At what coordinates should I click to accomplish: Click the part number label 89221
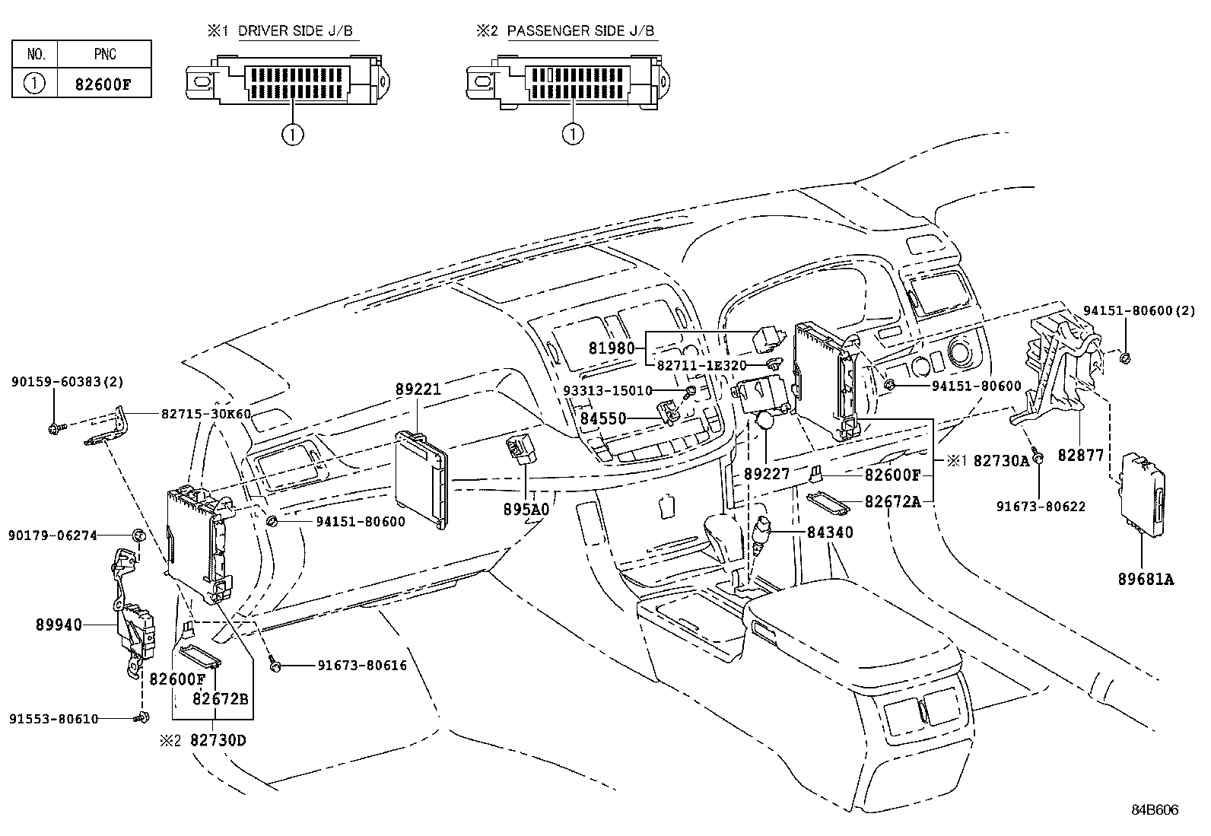418,389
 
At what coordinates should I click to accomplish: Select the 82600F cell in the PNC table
103,84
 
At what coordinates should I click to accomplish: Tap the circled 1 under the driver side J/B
292,135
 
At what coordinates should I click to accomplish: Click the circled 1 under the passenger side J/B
572,135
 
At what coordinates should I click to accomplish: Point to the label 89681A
1146,580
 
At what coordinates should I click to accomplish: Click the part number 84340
830,532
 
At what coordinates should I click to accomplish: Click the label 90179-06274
52,536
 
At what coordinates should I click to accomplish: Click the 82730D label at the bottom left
218,739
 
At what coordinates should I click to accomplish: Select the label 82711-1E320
701,365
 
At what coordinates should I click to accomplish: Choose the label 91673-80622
1041,507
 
